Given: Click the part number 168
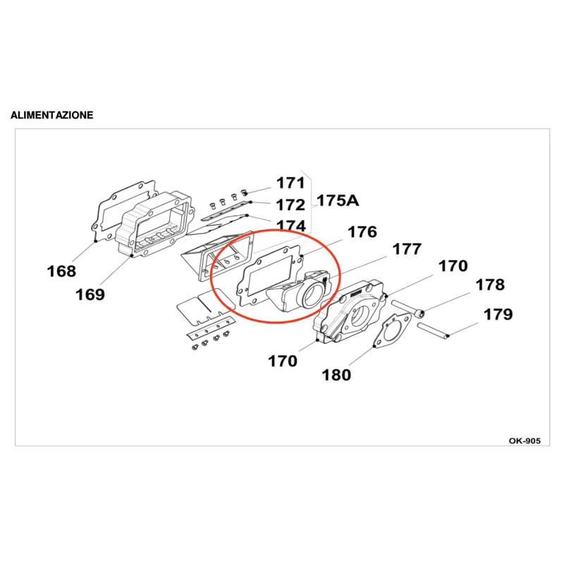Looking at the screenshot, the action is coord(61,271).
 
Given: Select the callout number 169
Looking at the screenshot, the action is coord(90,295).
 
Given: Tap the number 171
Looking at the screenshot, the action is coord(290,183).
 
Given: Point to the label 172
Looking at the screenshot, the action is coord(290,205).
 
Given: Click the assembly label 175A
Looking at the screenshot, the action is coord(338,201).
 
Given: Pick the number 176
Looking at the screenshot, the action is coord(362,232).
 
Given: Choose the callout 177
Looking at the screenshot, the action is coord(407,249).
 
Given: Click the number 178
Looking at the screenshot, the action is coord(490,285).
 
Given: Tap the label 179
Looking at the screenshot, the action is coord(498,314).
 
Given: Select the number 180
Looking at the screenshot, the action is coord(336,375).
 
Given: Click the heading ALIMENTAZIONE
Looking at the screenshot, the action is coord(52,115).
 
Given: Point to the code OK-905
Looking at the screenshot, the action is coord(525,441).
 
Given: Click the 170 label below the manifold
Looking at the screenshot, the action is coord(283,361).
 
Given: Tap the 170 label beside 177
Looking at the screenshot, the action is coord(453,266).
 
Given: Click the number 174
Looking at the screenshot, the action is coord(291,226).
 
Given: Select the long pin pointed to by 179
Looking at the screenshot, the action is coord(433,331).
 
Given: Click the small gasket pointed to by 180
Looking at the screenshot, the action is coord(391,330).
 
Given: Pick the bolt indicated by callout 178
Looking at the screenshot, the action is coord(408,309).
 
